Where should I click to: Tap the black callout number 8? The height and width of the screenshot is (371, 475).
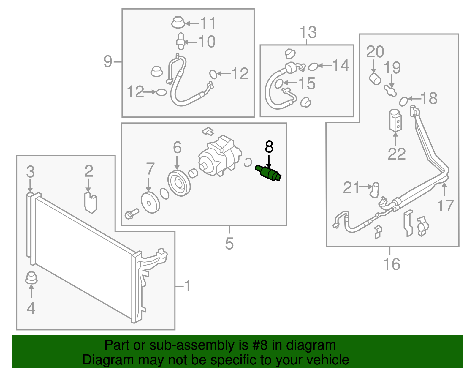pyautogui.click(x=269, y=147)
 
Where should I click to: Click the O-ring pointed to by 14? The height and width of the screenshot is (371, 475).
pyautogui.click(x=313, y=67)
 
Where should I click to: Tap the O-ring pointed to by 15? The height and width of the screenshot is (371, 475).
pyautogui.click(x=279, y=84)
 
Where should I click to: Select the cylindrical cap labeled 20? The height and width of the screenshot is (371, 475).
pyautogui.click(x=375, y=79)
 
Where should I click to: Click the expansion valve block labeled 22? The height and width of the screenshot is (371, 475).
pyautogui.click(x=395, y=120)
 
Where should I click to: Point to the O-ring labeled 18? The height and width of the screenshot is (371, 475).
pyautogui.click(x=403, y=101)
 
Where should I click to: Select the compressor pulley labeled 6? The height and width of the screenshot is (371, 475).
pyautogui.click(x=179, y=183)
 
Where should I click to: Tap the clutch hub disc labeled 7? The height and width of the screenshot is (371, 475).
pyautogui.click(x=150, y=203)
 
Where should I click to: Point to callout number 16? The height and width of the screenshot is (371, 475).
pyautogui.click(x=392, y=264)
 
